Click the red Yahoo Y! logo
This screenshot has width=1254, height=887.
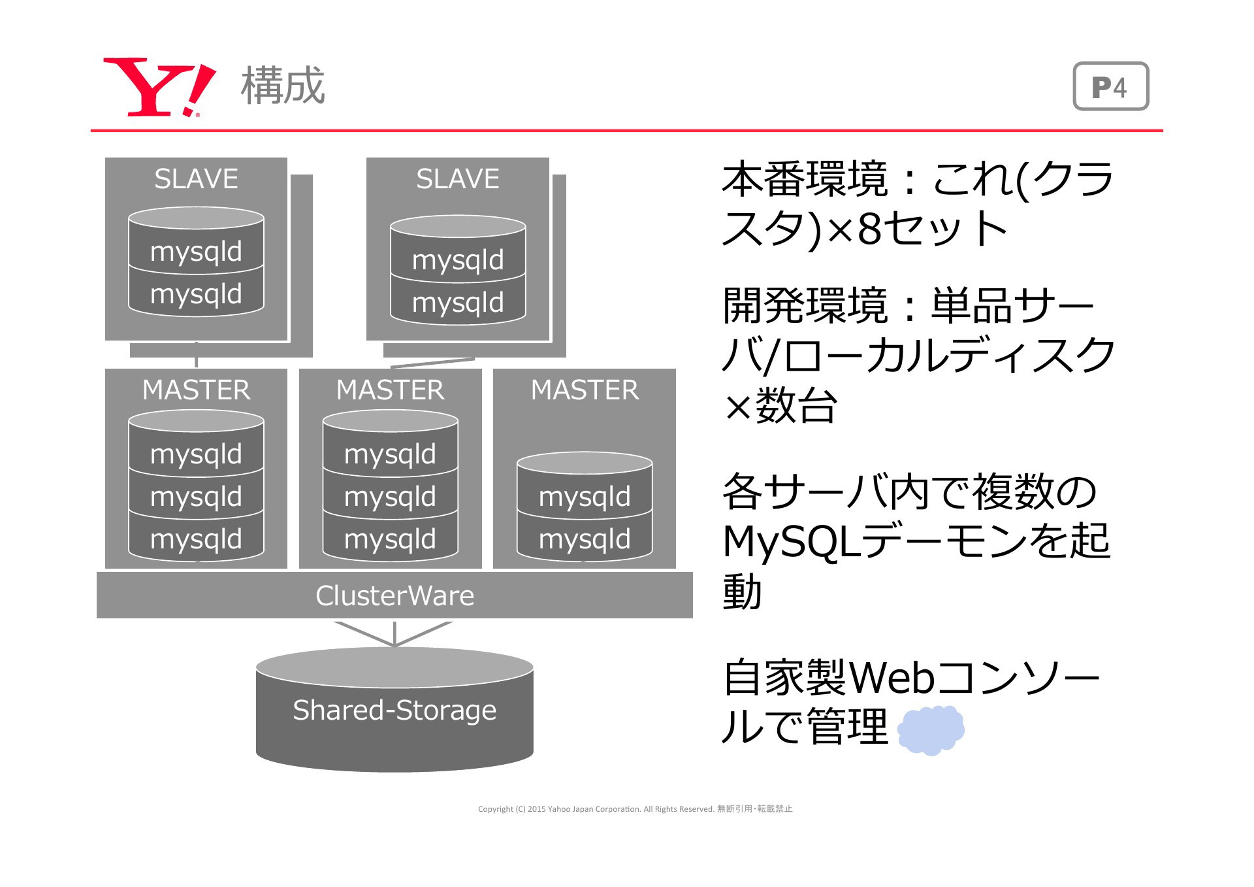[159, 87]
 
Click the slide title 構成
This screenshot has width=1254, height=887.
[283, 86]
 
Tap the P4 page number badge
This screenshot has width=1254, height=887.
[1110, 86]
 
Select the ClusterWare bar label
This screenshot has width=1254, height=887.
[394, 595]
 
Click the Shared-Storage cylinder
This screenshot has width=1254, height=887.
[394, 709]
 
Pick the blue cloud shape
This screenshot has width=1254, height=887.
[931, 729]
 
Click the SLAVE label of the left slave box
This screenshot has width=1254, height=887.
[196, 178]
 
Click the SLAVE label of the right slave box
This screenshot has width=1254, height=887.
[458, 178]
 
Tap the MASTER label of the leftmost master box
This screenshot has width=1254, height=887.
[196, 390]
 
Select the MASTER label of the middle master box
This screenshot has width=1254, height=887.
[390, 390]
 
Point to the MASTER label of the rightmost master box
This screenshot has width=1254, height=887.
[585, 390]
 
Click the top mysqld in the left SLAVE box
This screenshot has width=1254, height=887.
[196, 252]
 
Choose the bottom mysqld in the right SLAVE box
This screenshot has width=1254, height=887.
[458, 303]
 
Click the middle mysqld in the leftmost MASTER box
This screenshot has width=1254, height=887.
[196, 497]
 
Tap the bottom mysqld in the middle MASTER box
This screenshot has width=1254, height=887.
[390, 539]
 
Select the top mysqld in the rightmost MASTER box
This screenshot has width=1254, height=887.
[585, 497]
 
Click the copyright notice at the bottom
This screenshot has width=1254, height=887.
[635, 809]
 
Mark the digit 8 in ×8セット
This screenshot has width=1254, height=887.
[869, 229]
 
